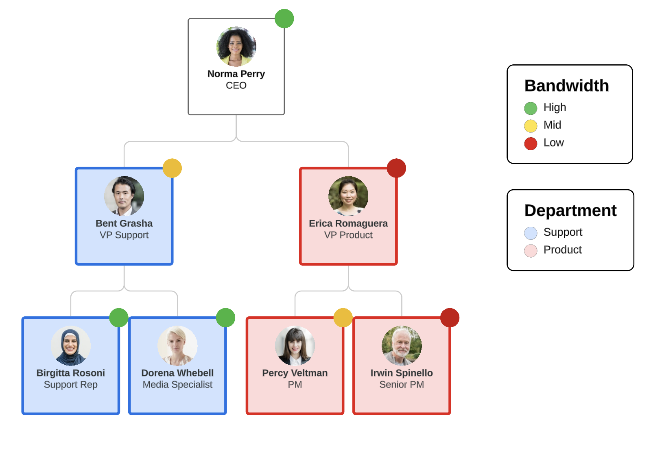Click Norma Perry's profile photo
236,47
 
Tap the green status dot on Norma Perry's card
284,19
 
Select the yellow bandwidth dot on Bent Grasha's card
172,168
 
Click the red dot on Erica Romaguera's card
396,168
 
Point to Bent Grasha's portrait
124,196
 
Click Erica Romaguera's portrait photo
348,196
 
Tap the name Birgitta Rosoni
71,373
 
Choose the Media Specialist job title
177,385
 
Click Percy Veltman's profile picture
295,346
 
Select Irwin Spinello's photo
402,346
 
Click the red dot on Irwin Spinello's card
450,317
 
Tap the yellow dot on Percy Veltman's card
343,317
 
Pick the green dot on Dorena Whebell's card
225,317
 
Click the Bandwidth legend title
566,86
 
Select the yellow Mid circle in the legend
531,126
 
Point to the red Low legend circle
531,143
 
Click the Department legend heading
570,211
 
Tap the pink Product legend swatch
531,251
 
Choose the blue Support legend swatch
531,233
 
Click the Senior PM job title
402,385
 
